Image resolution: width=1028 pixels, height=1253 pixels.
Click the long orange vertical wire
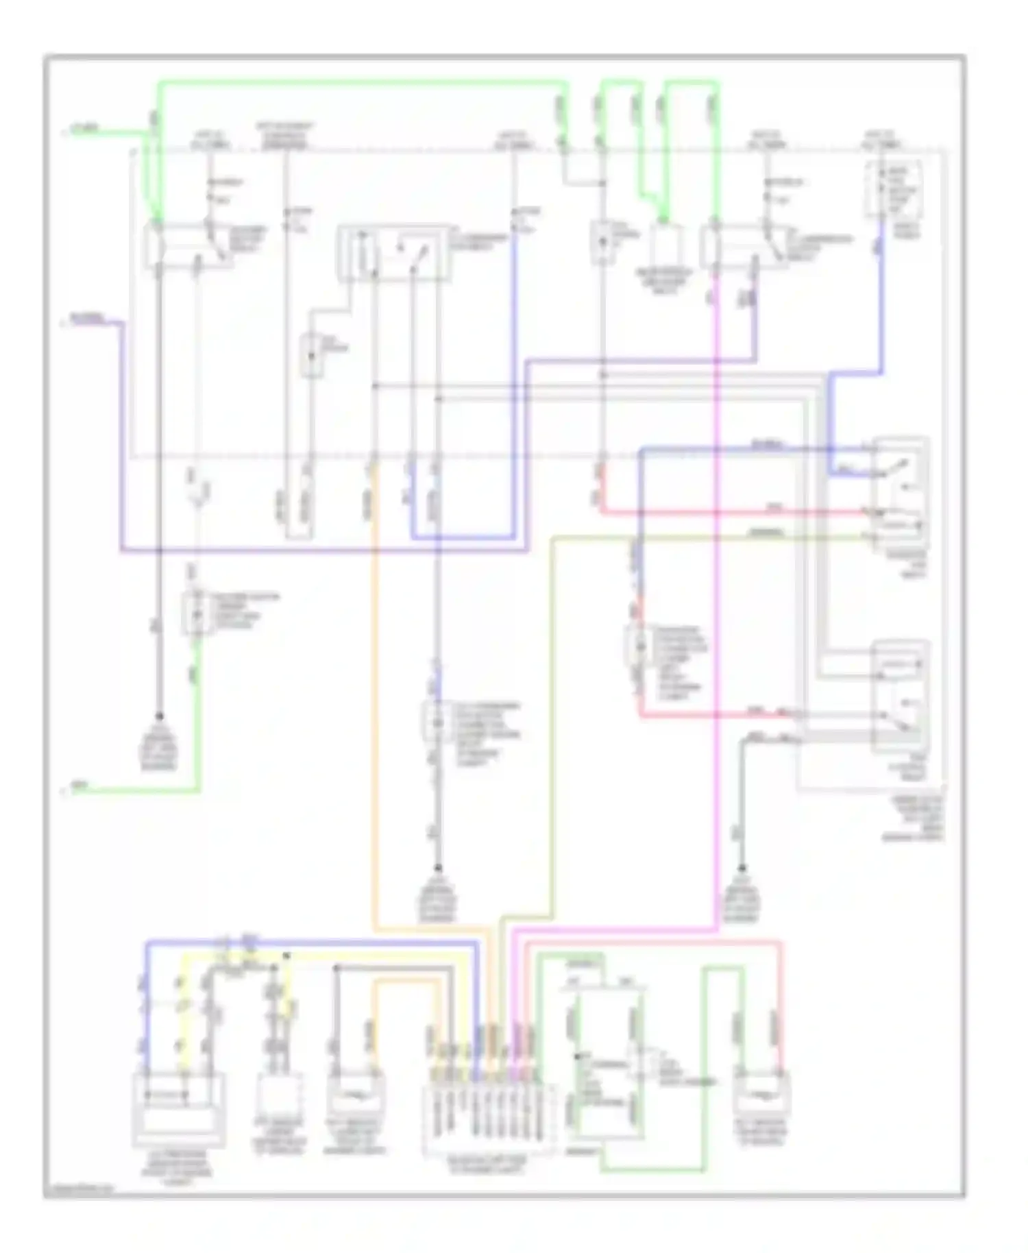pos(375,685)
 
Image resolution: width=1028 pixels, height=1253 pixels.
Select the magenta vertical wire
pos(717,617)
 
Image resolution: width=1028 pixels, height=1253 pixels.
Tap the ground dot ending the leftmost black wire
pos(159,716)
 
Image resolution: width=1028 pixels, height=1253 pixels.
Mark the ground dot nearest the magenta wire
pos(742,866)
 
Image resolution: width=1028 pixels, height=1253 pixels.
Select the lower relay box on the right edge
pos(900,696)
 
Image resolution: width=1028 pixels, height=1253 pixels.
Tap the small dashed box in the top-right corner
pos(892,189)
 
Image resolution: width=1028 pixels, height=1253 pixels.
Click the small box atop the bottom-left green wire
pos(195,613)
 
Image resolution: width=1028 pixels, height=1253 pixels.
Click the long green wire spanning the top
pos(363,83)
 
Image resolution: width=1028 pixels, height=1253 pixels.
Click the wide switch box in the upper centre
pos(392,252)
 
